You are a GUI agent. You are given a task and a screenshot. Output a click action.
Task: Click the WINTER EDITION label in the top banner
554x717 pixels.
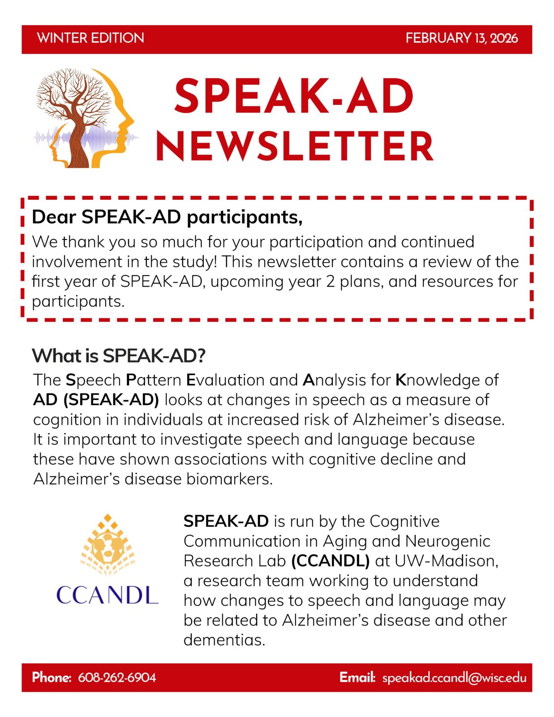[x=90, y=38]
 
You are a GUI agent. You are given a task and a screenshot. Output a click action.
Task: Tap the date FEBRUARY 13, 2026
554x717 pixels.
[x=462, y=38]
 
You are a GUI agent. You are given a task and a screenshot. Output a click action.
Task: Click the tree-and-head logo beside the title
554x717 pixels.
[x=85, y=118]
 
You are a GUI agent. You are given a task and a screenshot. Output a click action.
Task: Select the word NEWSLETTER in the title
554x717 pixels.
[x=294, y=147]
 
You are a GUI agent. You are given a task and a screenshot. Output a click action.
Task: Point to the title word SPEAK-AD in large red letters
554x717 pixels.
[x=294, y=96]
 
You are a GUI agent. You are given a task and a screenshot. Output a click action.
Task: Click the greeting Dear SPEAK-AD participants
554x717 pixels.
[x=167, y=217]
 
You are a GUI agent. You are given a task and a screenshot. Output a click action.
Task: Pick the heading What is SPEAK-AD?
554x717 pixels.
[x=119, y=356]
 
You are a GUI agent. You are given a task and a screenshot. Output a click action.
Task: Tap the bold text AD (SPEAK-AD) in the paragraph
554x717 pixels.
[x=96, y=400]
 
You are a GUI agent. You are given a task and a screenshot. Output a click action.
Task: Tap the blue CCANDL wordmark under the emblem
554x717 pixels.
[x=107, y=595]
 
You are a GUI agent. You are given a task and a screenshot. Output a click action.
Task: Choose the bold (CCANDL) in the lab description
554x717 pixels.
[x=331, y=561]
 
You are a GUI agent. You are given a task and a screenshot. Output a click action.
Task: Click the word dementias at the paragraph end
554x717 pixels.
[x=224, y=640]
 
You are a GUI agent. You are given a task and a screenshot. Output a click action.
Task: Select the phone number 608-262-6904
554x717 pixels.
[x=117, y=677]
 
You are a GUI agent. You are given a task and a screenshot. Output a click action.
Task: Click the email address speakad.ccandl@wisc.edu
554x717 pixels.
[x=454, y=678]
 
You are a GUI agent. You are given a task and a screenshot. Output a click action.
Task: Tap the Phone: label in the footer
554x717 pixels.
[x=52, y=677]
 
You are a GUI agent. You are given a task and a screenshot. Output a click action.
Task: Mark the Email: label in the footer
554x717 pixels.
[x=357, y=677]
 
